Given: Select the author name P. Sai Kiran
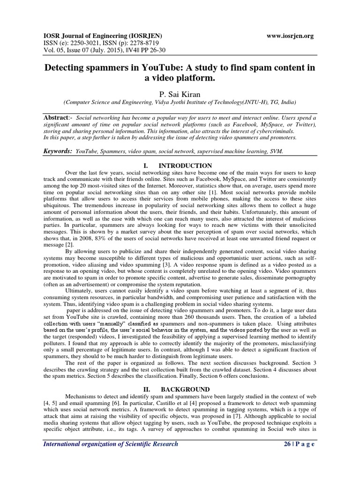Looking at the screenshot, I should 180,94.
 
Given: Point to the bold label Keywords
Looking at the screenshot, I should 58,151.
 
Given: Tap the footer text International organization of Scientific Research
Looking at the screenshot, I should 111,444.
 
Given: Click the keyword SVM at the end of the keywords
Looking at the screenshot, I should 276,152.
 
